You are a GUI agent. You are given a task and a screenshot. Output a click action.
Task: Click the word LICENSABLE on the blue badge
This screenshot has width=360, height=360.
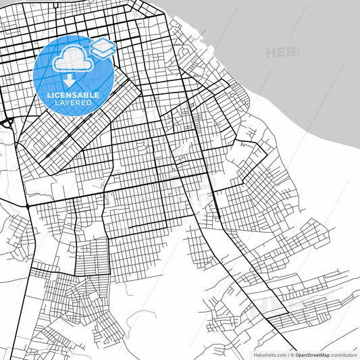73,95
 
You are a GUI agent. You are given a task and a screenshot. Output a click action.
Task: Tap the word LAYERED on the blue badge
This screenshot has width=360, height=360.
73,103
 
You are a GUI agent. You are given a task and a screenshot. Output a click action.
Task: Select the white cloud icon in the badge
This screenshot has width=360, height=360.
73,59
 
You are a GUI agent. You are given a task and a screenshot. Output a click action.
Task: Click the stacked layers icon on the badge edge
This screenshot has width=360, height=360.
102,48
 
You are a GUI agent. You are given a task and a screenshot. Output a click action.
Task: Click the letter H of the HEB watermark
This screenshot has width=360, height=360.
271,52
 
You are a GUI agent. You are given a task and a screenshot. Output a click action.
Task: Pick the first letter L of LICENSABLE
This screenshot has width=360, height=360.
49,95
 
